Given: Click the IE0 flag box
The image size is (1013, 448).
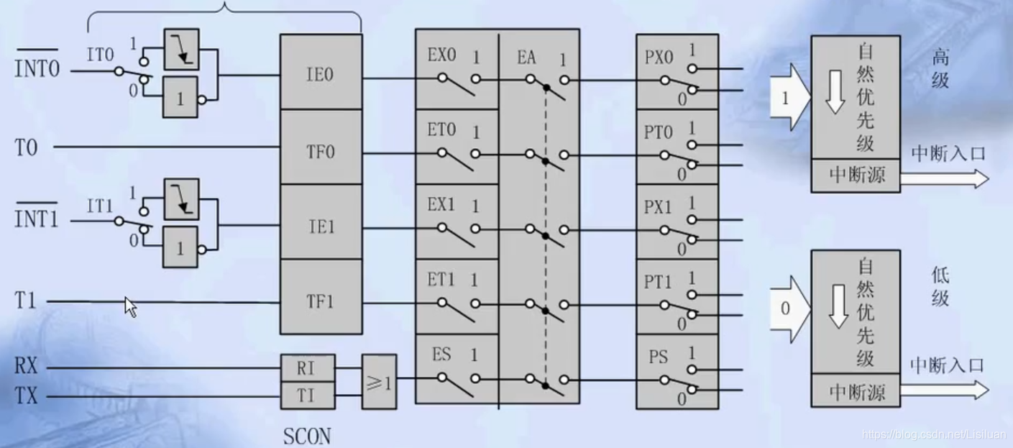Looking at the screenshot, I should point(320,74).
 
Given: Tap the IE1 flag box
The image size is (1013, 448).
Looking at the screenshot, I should point(320,227).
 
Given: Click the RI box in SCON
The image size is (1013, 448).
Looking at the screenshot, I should point(307,370).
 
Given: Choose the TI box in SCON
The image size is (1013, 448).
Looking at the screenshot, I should point(307,396).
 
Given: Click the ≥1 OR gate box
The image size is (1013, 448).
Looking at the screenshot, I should point(379,381).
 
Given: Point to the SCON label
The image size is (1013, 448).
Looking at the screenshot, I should point(308,436).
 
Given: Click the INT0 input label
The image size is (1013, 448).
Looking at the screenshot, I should point(37,70).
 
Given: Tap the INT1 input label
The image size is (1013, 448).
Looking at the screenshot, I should point(37,219).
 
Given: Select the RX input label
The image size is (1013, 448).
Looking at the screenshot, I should point(26,368).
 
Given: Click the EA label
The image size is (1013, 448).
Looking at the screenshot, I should point(526,57).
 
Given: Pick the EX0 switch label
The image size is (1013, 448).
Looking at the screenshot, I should point(441,56).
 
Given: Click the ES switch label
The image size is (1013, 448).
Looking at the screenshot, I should point(441,354).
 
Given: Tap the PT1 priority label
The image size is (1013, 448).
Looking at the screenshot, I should point(659,279).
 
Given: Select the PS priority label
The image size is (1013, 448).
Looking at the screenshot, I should point(659,356).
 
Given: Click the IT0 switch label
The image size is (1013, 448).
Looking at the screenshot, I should point(100,55).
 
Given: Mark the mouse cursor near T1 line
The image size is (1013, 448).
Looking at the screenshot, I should point(130,306).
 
